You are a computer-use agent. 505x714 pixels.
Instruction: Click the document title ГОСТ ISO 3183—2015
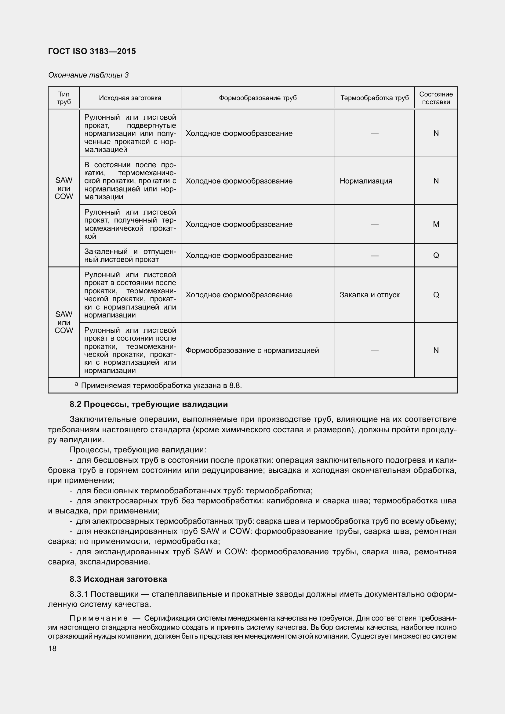(x=92, y=51)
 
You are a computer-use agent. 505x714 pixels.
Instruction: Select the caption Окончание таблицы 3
(x=88, y=75)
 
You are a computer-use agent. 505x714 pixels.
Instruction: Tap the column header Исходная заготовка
(x=130, y=98)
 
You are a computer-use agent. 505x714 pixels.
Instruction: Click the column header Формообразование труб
(x=257, y=98)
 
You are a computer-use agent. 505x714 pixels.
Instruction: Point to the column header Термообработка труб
(x=374, y=98)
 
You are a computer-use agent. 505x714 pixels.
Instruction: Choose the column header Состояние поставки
(x=436, y=98)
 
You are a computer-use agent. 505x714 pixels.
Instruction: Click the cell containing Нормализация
(x=366, y=181)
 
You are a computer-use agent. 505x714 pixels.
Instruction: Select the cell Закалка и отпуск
(x=369, y=295)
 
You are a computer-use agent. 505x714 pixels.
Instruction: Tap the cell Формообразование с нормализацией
(x=252, y=350)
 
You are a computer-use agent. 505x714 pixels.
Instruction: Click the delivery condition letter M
(x=436, y=224)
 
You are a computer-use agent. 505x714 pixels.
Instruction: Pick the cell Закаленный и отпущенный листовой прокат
(x=130, y=255)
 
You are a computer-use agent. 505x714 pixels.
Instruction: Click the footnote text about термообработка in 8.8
(x=161, y=386)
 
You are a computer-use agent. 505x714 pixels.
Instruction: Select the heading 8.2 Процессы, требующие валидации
(x=149, y=404)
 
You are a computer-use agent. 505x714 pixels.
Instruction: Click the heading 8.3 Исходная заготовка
(x=118, y=579)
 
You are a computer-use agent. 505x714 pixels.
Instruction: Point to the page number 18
(x=52, y=648)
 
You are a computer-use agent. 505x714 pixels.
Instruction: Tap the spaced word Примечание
(x=99, y=618)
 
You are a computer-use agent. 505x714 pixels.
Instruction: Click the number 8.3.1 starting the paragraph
(x=79, y=594)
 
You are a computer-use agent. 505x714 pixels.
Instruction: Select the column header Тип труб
(x=64, y=98)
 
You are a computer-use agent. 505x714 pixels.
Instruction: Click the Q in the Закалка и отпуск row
(x=436, y=295)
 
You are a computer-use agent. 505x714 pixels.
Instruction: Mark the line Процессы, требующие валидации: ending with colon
(x=138, y=450)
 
